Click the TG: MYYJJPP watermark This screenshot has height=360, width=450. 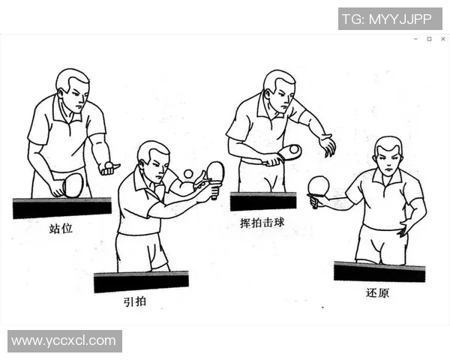click(x=389, y=19)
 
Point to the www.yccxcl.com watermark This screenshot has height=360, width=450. click(x=64, y=341)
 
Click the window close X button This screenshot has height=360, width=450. click(x=442, y=39)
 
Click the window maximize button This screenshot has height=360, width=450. click(x=429, y=39)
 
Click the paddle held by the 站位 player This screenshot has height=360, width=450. click(x=72, y=184)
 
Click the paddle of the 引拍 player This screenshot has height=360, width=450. click(x=215, y=173)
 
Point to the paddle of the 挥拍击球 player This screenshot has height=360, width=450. click(x=288, y=152)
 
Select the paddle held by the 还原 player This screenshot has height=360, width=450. click(x=319, y=186)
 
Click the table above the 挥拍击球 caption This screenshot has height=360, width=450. click(x=263, y=201)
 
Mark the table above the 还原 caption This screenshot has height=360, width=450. click(x=379, y=271)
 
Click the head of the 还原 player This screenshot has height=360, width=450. click(x=388, y=155)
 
